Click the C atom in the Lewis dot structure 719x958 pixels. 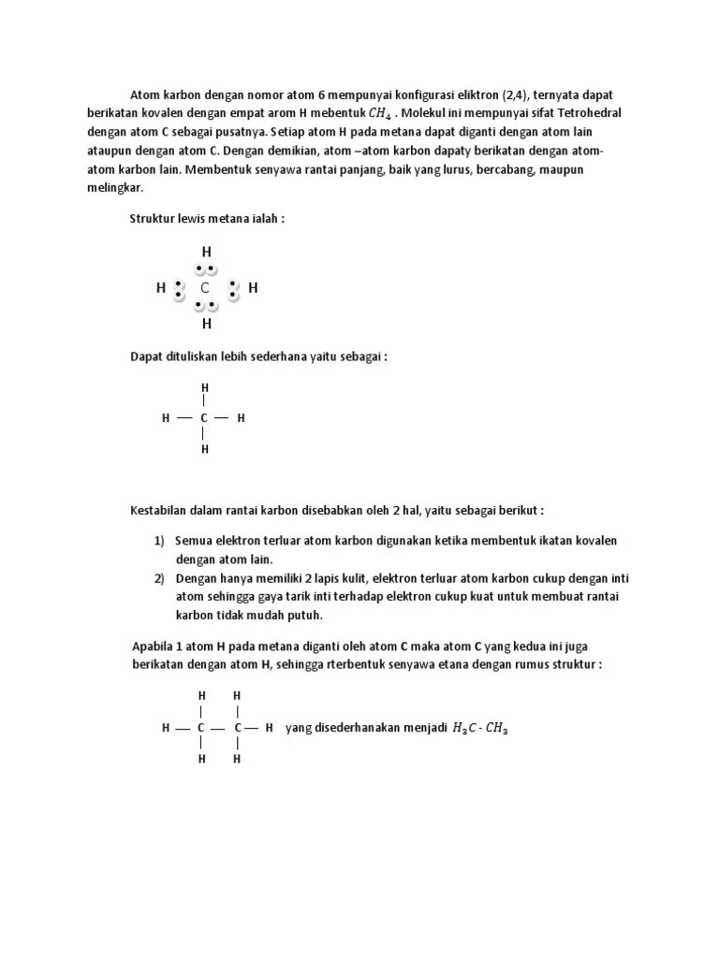pos(205,288)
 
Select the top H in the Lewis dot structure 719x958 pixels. pos(206,252)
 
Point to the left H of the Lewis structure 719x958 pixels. pos(161,288)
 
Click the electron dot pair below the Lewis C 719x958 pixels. pos(206,306)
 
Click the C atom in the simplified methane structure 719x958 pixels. pos(204,418)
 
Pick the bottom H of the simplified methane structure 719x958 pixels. pos(204,449)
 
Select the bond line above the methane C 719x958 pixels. pos(204,401)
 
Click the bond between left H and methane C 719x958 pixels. pos(183,418)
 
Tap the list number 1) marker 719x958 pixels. pos(159,542)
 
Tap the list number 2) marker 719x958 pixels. pos(159,578)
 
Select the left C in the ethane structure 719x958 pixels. pos(200,727)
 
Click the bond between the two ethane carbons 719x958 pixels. pos(217,727)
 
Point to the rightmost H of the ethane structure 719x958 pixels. pos(269,727)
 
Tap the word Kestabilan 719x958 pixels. pos(160,511)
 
